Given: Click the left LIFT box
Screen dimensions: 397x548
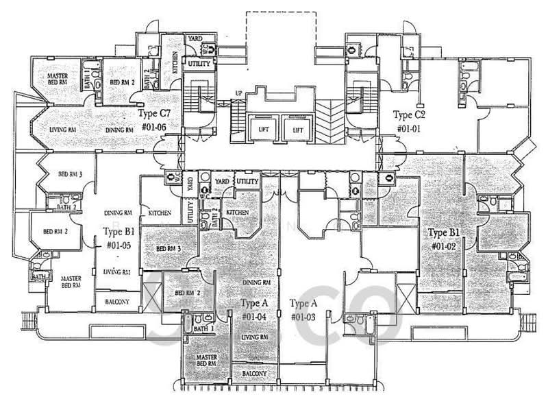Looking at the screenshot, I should coord(264,128).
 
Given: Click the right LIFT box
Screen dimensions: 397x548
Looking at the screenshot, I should coord(298,128).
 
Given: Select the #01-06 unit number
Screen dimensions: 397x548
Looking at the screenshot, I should coord(155,127).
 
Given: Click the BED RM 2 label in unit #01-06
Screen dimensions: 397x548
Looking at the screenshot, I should coord(123,83).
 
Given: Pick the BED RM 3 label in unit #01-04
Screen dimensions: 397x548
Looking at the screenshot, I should coord(169,248).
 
